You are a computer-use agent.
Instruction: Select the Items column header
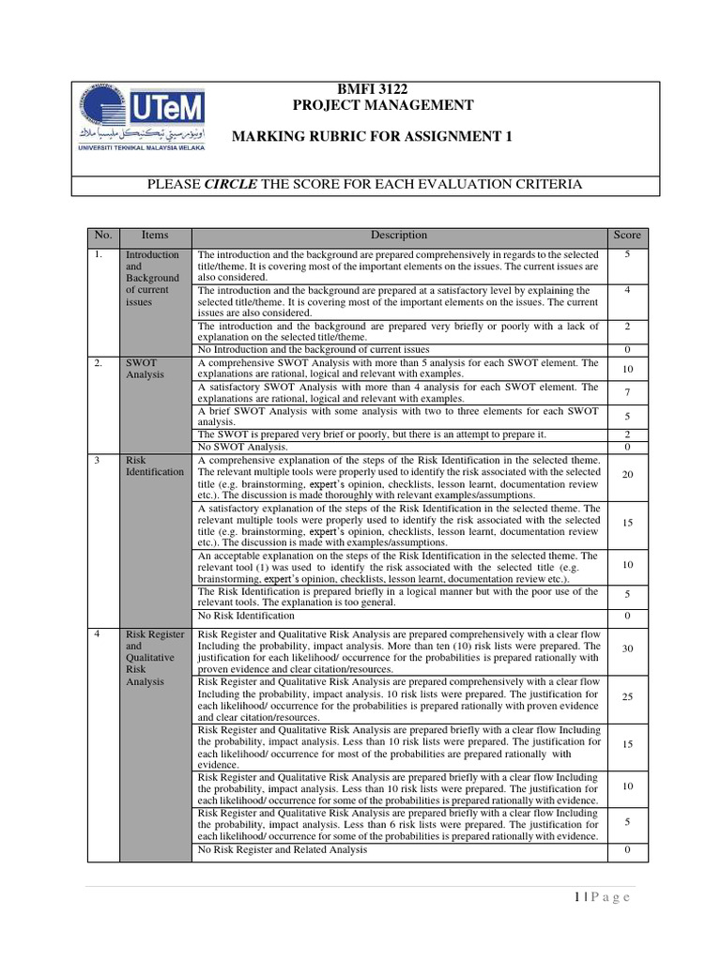154,236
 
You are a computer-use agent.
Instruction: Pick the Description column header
398,236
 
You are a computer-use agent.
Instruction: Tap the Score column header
626,236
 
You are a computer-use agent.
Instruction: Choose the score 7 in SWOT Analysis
626,391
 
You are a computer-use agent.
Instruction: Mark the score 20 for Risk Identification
626,475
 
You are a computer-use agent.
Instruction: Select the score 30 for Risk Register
626,649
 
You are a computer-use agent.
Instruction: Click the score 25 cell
626,696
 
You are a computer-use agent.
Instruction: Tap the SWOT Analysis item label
145,368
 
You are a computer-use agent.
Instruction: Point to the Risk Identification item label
154,465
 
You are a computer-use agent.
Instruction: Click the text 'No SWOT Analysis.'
242,447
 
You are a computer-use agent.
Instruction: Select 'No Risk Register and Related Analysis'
282,849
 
